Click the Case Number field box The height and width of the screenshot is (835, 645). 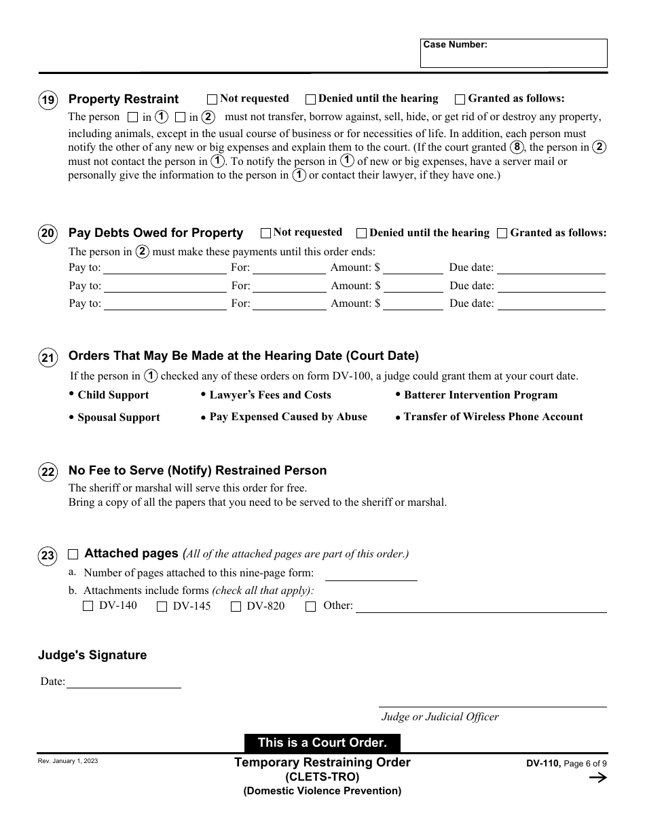[513, 53]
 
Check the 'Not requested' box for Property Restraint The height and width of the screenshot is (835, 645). [212, 99]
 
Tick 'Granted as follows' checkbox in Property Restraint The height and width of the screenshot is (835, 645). [460, 99]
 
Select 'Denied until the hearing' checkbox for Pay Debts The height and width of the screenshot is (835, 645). [362, 234]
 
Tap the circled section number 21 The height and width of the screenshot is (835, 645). [48, 358]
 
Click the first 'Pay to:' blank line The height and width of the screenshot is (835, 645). [164, 267]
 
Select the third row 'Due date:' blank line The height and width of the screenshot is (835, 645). [551, 304]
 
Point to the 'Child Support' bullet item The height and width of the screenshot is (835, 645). [113, 395]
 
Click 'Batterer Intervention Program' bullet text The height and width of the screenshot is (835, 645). [480, 395]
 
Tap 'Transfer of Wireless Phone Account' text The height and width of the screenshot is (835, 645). [493, 417]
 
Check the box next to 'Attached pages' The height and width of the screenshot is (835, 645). [73, 555]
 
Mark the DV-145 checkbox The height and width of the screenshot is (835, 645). [162, 607]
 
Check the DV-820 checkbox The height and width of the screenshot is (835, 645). [236, 607]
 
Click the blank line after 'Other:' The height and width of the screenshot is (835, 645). [481, 606]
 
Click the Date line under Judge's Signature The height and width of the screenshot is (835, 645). [124, 682]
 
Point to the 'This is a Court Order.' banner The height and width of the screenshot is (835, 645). [322, 743]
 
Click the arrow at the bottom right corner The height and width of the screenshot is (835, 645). [597, 778]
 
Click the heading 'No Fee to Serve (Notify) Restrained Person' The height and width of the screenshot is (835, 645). [198, 470]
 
